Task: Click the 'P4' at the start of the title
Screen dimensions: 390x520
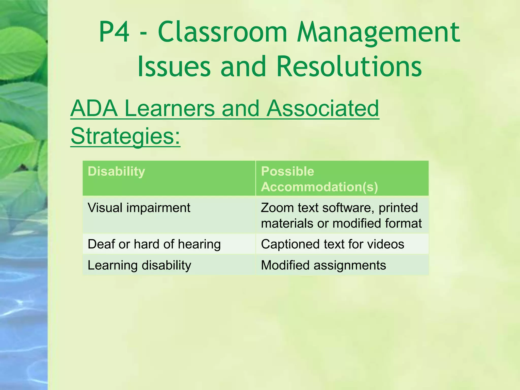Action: tap(114, 32)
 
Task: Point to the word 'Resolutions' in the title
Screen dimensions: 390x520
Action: tap(349, 67)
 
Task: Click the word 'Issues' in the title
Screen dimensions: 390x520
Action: tap(174, 67)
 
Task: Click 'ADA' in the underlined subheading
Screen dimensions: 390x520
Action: tap(94, 108)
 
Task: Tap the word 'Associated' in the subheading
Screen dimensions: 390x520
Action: tap(322, 108)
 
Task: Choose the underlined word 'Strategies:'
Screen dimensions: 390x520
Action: tap(125, 136)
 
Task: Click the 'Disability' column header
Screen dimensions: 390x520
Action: tap(117, 171)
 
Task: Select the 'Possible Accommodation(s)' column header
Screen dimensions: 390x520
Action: tap(319, 179)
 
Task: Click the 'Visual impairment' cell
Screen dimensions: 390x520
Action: tap(139, 208)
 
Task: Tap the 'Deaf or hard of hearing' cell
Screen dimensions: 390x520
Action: tap(154, 244)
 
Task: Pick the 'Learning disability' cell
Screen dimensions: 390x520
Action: tap(139, 265)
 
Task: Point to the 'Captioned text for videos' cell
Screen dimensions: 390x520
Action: tap(332, 244)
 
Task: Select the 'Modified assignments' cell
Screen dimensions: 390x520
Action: tap(323, 265)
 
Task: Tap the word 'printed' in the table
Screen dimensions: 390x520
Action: tap(398, 208)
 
